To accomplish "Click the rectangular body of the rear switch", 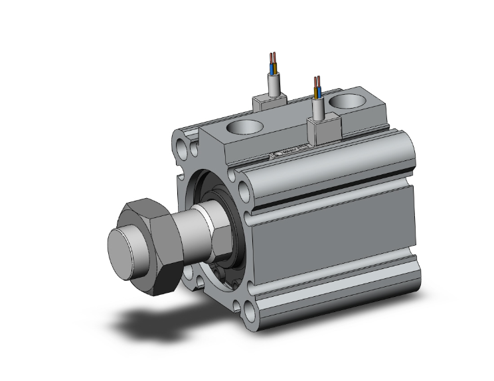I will click(x=270, y=103).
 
